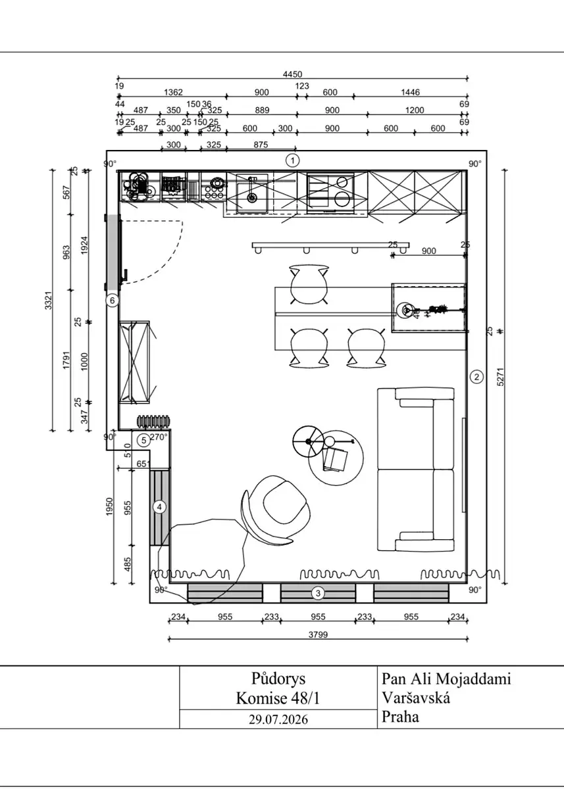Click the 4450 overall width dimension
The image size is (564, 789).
coord(293,74)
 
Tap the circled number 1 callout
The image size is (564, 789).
coord(292,160)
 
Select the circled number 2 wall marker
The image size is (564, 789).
coord(476,377)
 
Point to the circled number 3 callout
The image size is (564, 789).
coord(318,593)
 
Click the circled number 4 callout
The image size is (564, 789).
coord(159,507)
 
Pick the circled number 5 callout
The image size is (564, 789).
coord(143,441)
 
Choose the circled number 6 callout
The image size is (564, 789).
coord(113,300)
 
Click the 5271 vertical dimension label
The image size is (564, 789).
coord(501,377)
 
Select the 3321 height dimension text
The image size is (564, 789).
coord(49,300)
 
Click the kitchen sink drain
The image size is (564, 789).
coord(251,198)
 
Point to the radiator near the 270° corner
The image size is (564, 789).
coord(154,421)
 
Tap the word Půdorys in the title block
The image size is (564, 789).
coord(278,679)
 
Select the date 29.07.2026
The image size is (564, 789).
coord(278,719)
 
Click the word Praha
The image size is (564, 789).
coord(400,717)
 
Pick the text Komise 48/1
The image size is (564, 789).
coord(278,698)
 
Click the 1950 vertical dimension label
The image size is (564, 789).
coord(109,506)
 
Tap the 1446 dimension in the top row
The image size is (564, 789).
coord(410,92)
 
